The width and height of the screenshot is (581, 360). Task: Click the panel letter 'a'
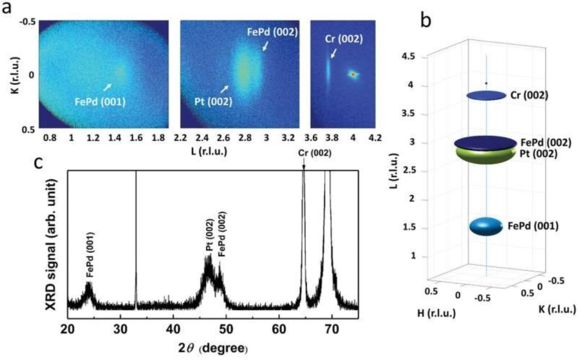(x=8, y=9)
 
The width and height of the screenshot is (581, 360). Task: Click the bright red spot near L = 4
(x=353, y=74)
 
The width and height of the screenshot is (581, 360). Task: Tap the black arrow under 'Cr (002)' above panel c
(x=303, y=166)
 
